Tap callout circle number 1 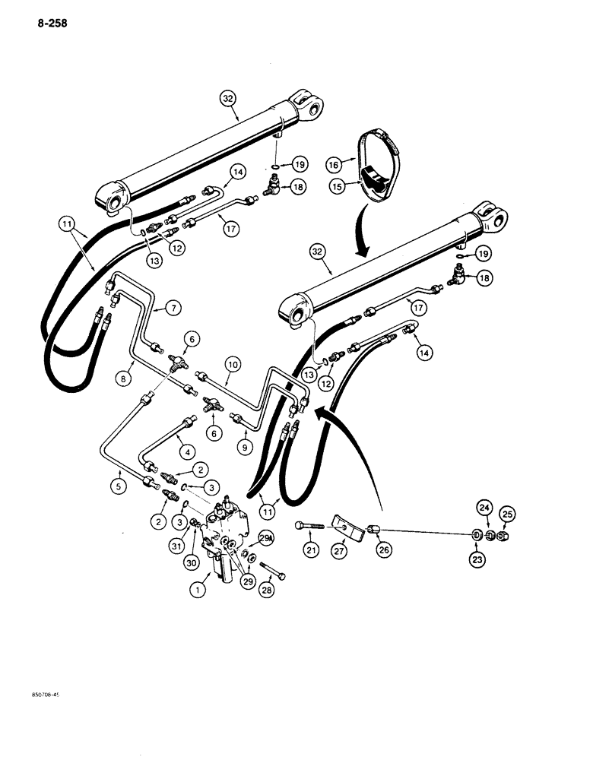201,586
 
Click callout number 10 233,365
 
